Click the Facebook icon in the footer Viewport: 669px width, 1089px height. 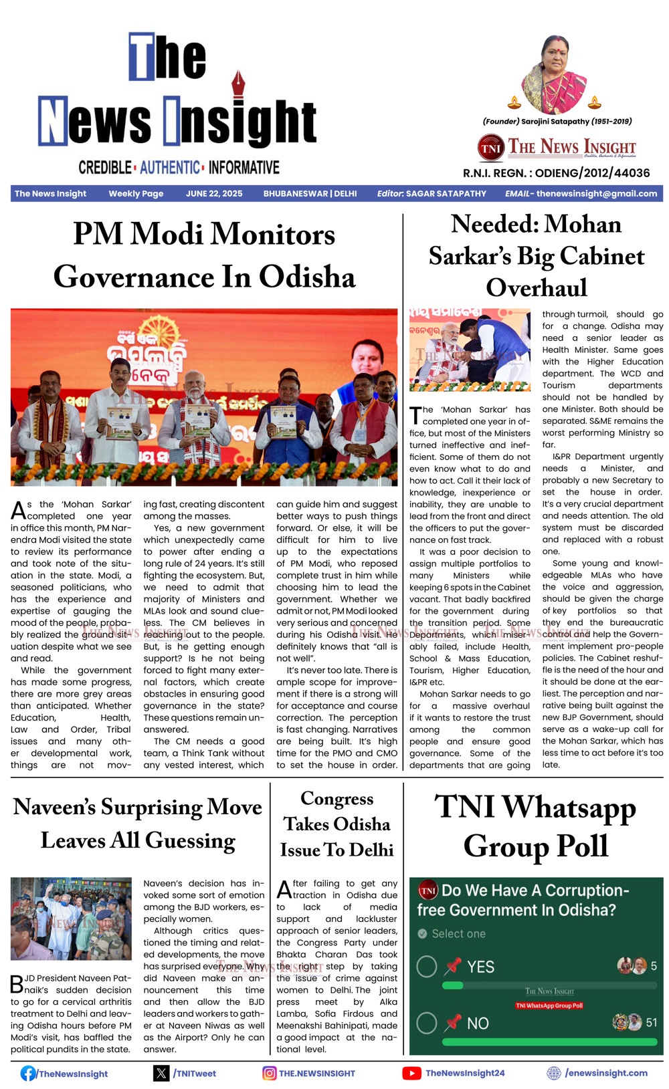[28, 1073]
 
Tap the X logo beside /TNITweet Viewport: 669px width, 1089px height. [161, 1073]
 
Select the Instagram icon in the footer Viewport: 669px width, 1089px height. [270, 1073]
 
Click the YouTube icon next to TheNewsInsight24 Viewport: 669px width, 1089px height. [411, 1073]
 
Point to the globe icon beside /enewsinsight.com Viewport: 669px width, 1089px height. [554, 1073]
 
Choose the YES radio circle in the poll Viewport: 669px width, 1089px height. [427, 967]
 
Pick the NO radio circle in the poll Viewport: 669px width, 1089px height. [427, 1023]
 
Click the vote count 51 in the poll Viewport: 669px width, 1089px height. [651, 1022]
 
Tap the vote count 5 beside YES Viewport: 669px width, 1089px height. [654, 966]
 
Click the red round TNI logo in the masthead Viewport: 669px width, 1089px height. [490, 148]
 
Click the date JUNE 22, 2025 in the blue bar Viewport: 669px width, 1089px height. [214, 193]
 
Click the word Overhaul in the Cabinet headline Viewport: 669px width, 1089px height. [537, 287]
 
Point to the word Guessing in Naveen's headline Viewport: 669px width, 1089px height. [190, 840]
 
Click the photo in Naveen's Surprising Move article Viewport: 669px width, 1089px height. [71, 919]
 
